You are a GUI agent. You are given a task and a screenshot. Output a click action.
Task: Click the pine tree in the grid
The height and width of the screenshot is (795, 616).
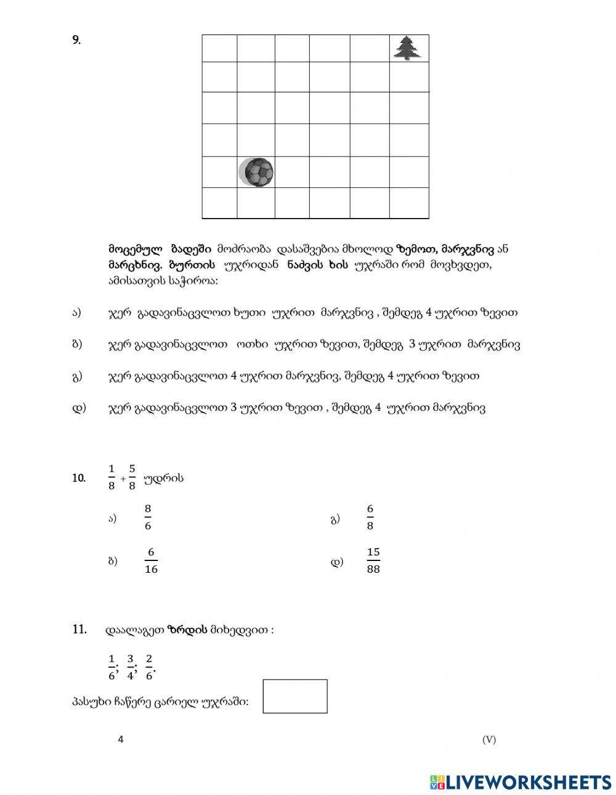(408, 48)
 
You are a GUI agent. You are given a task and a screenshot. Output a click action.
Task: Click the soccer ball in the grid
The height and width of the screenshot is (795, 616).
(256, 172)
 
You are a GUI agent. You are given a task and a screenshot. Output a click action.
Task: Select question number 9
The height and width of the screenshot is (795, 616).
(76, 41)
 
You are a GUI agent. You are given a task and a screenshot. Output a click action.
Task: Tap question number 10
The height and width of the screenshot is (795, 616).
(79, 478)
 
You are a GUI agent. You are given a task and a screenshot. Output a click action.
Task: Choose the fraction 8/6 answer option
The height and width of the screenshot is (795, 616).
(148, 517)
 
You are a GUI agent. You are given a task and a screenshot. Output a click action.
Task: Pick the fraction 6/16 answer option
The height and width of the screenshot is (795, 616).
(151, 561)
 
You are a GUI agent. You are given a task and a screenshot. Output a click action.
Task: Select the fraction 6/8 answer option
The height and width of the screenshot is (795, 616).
(370, 517)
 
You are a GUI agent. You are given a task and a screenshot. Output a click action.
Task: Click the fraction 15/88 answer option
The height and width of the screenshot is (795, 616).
(373, 561)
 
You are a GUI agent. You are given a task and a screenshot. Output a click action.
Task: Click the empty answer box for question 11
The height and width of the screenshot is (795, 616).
(295, 696)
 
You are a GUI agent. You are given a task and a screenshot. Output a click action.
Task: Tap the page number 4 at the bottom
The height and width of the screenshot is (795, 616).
(121, 740)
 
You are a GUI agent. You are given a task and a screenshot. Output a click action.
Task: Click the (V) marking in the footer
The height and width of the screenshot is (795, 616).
(489, 740)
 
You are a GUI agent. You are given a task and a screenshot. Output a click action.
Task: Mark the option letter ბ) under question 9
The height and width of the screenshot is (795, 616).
(77, 344)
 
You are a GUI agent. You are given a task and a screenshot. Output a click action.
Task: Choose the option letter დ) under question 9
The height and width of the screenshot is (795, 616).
(79, 407)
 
